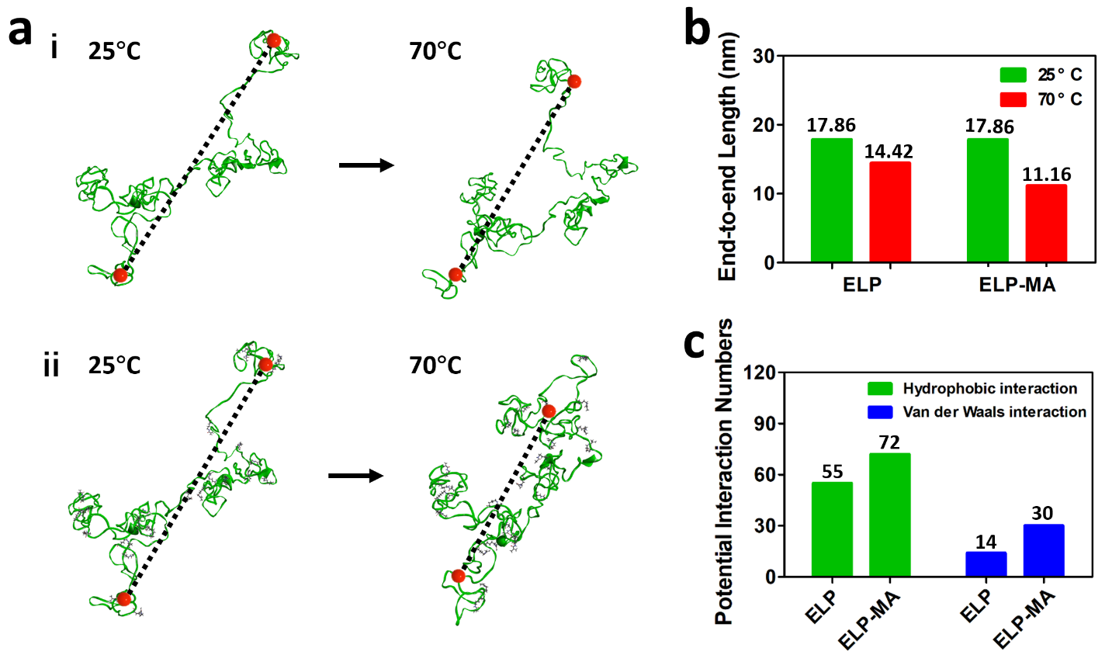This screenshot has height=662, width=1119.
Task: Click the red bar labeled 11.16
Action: (x=1046, y=224)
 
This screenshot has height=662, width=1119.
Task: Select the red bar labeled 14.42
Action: (x=890, y=212)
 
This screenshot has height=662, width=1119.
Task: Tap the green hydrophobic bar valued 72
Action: (x=889, y=515)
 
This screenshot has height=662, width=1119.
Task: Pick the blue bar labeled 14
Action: (x=986, y=564)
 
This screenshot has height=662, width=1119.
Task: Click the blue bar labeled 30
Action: (x=1043, y=550)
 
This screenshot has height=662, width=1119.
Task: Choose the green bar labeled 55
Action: (x=832, y=529)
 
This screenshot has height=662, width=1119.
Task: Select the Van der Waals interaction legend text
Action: (x=994, y=412)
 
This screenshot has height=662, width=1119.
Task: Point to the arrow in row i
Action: (x=366, y=165)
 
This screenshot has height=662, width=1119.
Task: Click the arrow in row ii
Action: (x=356, y=475)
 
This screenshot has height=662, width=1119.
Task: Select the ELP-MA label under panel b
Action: (x=1017, y=285)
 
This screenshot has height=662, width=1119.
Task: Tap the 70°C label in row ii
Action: (x=435, y=365)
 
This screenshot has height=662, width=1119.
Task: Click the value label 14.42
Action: (x=889, y=151)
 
